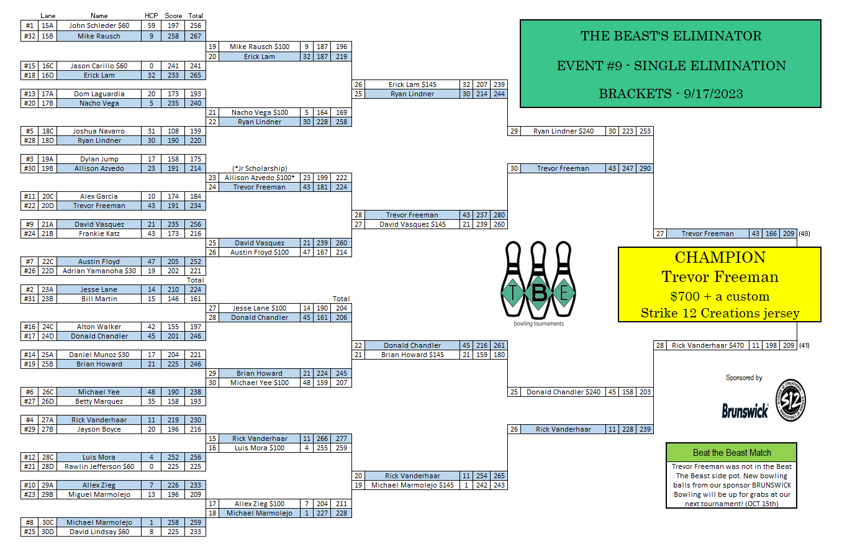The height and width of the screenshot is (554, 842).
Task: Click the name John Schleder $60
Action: click(x=99, y=25)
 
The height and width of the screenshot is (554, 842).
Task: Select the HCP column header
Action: click(x=152, y=16)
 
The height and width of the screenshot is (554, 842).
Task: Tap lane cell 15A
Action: click(x=47, y=25)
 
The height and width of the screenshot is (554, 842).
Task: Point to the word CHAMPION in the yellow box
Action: click(x=720, y=258)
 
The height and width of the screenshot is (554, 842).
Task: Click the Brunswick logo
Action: click(x=745, y=411)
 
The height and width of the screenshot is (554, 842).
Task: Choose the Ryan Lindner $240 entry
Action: click(x=563, y=131)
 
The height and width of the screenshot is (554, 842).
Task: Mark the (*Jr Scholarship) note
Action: click(x=259, y=168)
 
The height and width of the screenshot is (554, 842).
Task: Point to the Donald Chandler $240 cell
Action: click(x=563, y=392)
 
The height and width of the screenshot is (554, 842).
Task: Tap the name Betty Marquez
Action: click(x=99, y=401)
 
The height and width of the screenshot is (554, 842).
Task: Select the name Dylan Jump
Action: click(x=99, y=159)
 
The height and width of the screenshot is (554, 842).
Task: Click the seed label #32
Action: click(x=29, y=36)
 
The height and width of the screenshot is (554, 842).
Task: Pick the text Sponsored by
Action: click(x=744, y=378)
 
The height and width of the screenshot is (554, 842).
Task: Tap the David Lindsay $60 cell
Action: click(x=99, y=532)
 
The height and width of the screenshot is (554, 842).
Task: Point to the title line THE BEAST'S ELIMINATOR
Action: click(x=671, y=36)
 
